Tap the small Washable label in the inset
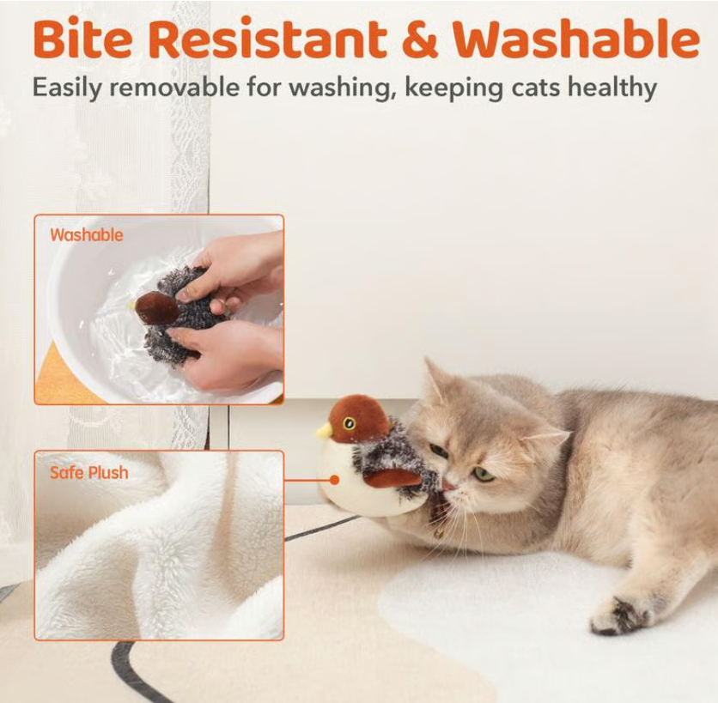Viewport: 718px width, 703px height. click(x=86, y=235)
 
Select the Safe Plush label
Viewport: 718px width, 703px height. click(x=88, y=473)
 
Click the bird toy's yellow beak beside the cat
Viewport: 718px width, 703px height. click(x=324, y=431)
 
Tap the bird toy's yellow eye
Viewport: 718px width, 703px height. click(x=349, y=422)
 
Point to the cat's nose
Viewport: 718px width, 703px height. click(x=447, y=485)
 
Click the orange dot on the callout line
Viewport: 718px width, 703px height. click(x=333, y=480)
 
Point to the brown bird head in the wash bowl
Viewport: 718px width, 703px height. click(x=156, y=307)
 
